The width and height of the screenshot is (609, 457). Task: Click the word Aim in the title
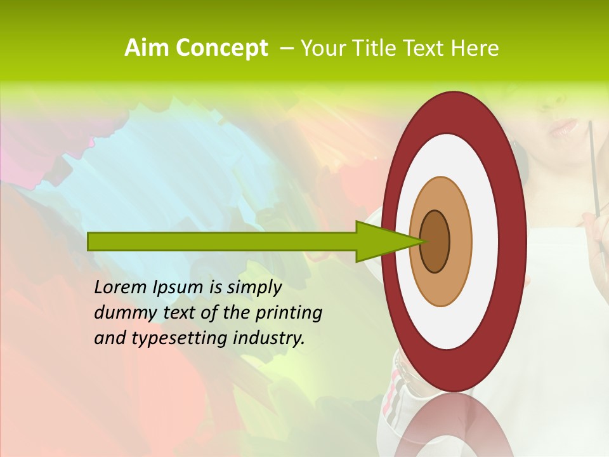tap(148, 48)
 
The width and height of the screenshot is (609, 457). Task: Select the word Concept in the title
tap(221, 48)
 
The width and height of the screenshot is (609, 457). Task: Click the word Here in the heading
tap(475, 48)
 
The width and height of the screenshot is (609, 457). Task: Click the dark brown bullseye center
tap(435, 241)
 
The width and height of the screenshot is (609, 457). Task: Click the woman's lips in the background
tap(563, 127)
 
